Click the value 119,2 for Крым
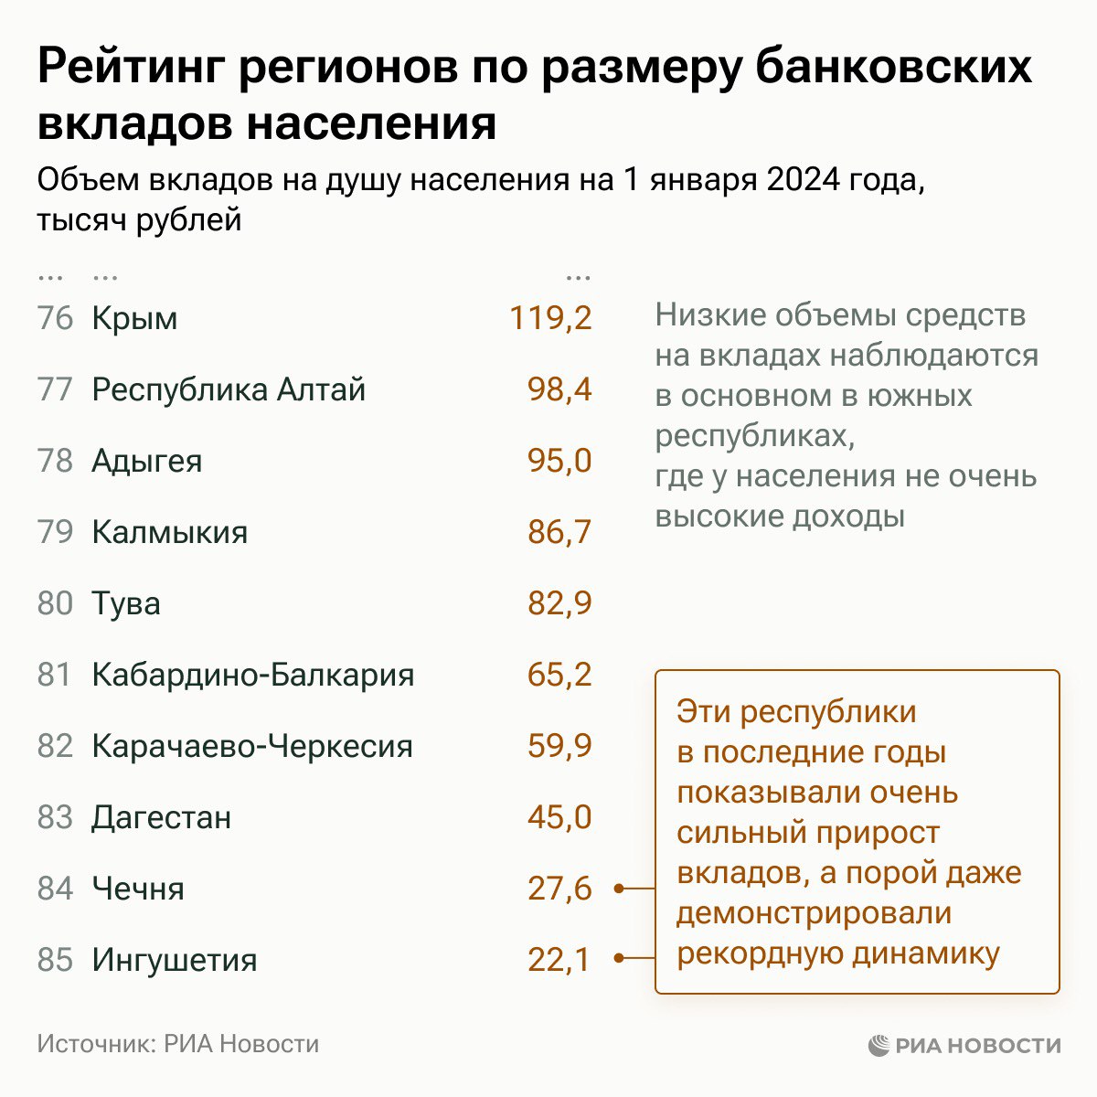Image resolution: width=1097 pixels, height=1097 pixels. click(x=550, y=318)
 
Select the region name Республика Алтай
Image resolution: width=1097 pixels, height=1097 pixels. click(x=229, y=389)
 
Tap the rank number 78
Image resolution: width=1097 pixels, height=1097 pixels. click(x=55, y=461)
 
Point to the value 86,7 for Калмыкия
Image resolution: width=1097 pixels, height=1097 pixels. click(x=559, y=532)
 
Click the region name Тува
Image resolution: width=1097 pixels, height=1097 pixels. click(x=126, y=603)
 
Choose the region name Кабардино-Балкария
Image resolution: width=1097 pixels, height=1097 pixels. click(x=253, y=675)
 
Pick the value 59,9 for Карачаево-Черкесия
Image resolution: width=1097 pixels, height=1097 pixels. click(x=559, y=746)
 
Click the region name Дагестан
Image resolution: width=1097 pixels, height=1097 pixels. click(x=162, y=817)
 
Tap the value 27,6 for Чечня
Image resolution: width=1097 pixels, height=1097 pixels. click(x=559, y=889)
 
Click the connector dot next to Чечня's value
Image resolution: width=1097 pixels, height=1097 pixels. click(x=619, y=888)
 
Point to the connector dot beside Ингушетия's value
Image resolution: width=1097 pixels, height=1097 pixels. click(x=619, y=958)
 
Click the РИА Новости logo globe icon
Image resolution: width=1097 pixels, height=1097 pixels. click(x=879, y=1045)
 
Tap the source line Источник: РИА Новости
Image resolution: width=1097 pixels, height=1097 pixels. click(x=178, y=1044)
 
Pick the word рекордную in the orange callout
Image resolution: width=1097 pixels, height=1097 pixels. click(x=760, y=953)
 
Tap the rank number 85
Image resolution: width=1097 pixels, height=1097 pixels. click(x=55, y=960)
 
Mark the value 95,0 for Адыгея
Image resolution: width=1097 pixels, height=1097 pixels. click(x=559, y=461)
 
